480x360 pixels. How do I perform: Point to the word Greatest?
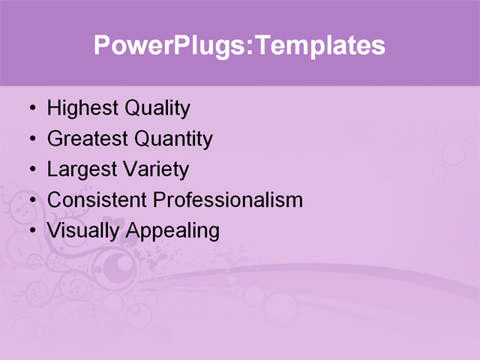coord(87,139)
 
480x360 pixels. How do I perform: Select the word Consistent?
coord(97,200)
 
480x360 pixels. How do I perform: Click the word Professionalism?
coord(229,200)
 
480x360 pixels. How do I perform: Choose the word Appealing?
coord(172,231)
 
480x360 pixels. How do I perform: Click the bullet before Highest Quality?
coord(31,109)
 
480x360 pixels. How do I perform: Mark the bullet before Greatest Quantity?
coord(31,139)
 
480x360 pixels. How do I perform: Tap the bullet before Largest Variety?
coord(31,169)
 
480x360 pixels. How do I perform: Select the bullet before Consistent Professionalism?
coord(31,200)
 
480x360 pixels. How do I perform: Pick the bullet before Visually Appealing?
coord(31,231)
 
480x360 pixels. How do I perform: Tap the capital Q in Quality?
coord(132,109)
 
